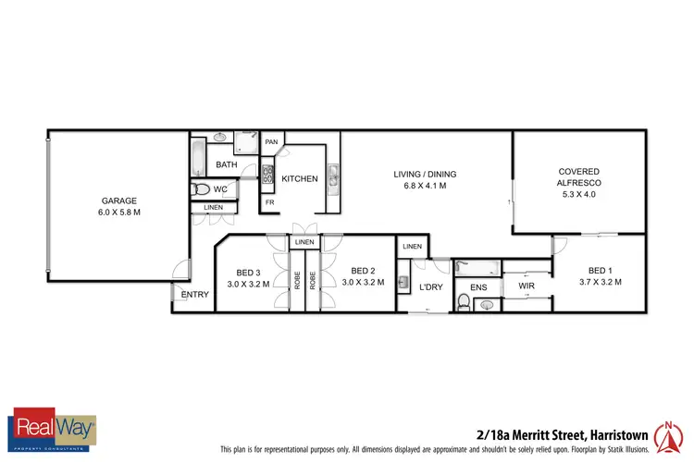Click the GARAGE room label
[119, 201]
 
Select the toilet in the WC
[201, 189]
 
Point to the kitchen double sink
[334, 175]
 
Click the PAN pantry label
[271, 141]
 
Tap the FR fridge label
[270, 201]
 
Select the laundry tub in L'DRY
[403, 283]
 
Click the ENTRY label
[194, 295]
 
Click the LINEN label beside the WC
[213, 208]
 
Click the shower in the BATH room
[247, 142]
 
